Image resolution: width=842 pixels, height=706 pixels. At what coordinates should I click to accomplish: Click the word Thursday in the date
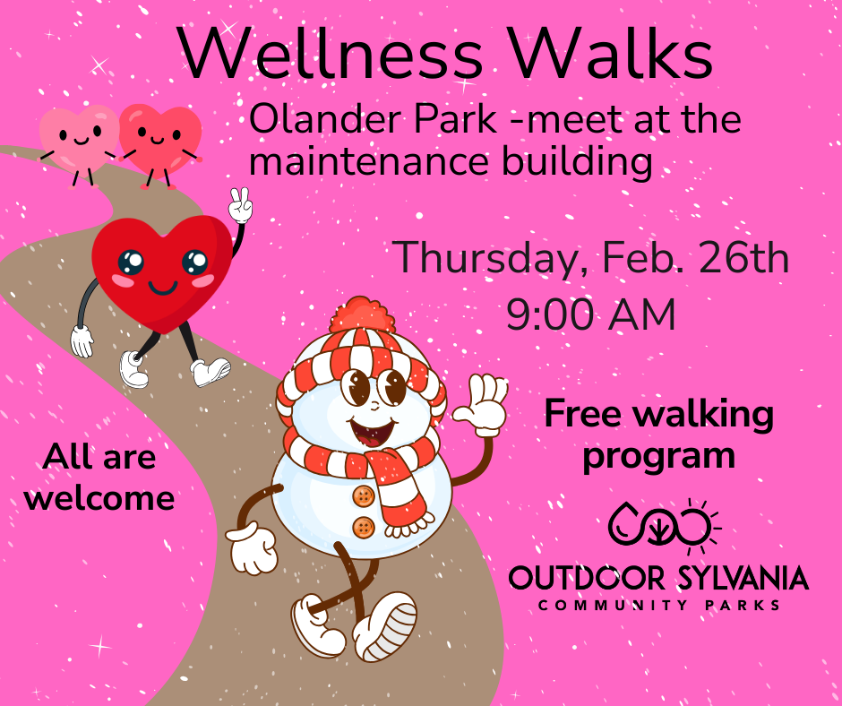(x=487, y=259)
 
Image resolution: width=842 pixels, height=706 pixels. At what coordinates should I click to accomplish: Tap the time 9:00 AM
(x=590, y=315)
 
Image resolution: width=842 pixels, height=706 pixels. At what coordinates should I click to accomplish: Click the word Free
(x=586, y=414)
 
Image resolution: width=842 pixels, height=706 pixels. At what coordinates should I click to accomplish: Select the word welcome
(x=99, y=498)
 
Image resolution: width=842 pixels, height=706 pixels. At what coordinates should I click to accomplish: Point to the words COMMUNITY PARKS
(x=658, y=607)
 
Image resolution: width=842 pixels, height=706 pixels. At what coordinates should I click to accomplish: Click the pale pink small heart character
(x=78, y=136)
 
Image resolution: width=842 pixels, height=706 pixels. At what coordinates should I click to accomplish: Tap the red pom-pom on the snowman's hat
(x=363, y=314)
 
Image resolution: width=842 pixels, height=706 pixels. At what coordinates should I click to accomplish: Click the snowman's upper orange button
(x=363, y=495)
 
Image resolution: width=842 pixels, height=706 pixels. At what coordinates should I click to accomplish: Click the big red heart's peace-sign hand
(x=240, y=205)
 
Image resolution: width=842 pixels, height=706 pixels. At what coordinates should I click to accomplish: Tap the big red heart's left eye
(x=131, y=262)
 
